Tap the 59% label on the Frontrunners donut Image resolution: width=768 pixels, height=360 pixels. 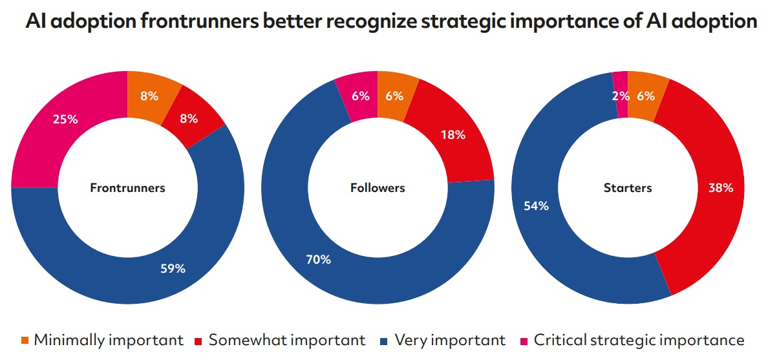pyautogui.click(x=173, y=268)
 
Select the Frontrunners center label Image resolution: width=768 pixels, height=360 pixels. pyautogui.click(x=127, y=188)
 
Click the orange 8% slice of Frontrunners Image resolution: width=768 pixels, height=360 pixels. pyautogui.click(x=149, y=97)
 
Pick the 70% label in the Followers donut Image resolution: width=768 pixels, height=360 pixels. pyautogui.click(x=318, y=260)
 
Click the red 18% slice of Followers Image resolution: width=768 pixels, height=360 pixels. pyautogui.click(x=453, y=135)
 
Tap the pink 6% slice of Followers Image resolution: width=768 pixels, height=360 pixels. pyautogui.click(x=360, y=96)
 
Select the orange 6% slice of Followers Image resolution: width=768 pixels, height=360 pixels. pyautogui.click(x=394, y=96)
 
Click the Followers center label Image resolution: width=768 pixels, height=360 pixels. pyautogui.click(x=378, y=188)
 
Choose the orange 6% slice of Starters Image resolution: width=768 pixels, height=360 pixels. pyautogui.click(x=645, y=96)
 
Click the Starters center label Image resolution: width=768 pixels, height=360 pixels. pyautogui.click(x=628, y=188)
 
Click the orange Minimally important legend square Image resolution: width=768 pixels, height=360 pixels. pyautogui.click(x=25, y=339)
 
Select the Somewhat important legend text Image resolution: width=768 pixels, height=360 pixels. pyautogui.click(x=287, y=339)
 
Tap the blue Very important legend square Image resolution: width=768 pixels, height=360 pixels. pyautogui.click(x=383, y=339)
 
